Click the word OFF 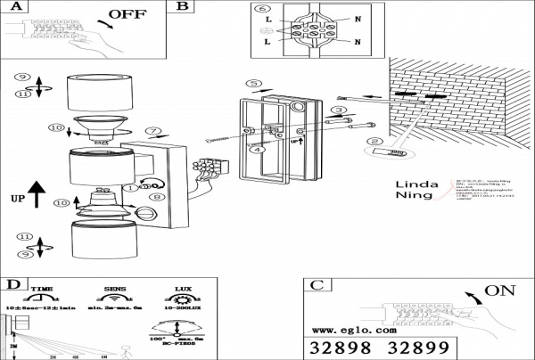[128, 15]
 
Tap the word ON [501, 290]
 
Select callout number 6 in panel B [262, 9]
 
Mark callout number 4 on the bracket [257, 151]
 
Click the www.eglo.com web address [355, 330]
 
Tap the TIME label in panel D [42, 289]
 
